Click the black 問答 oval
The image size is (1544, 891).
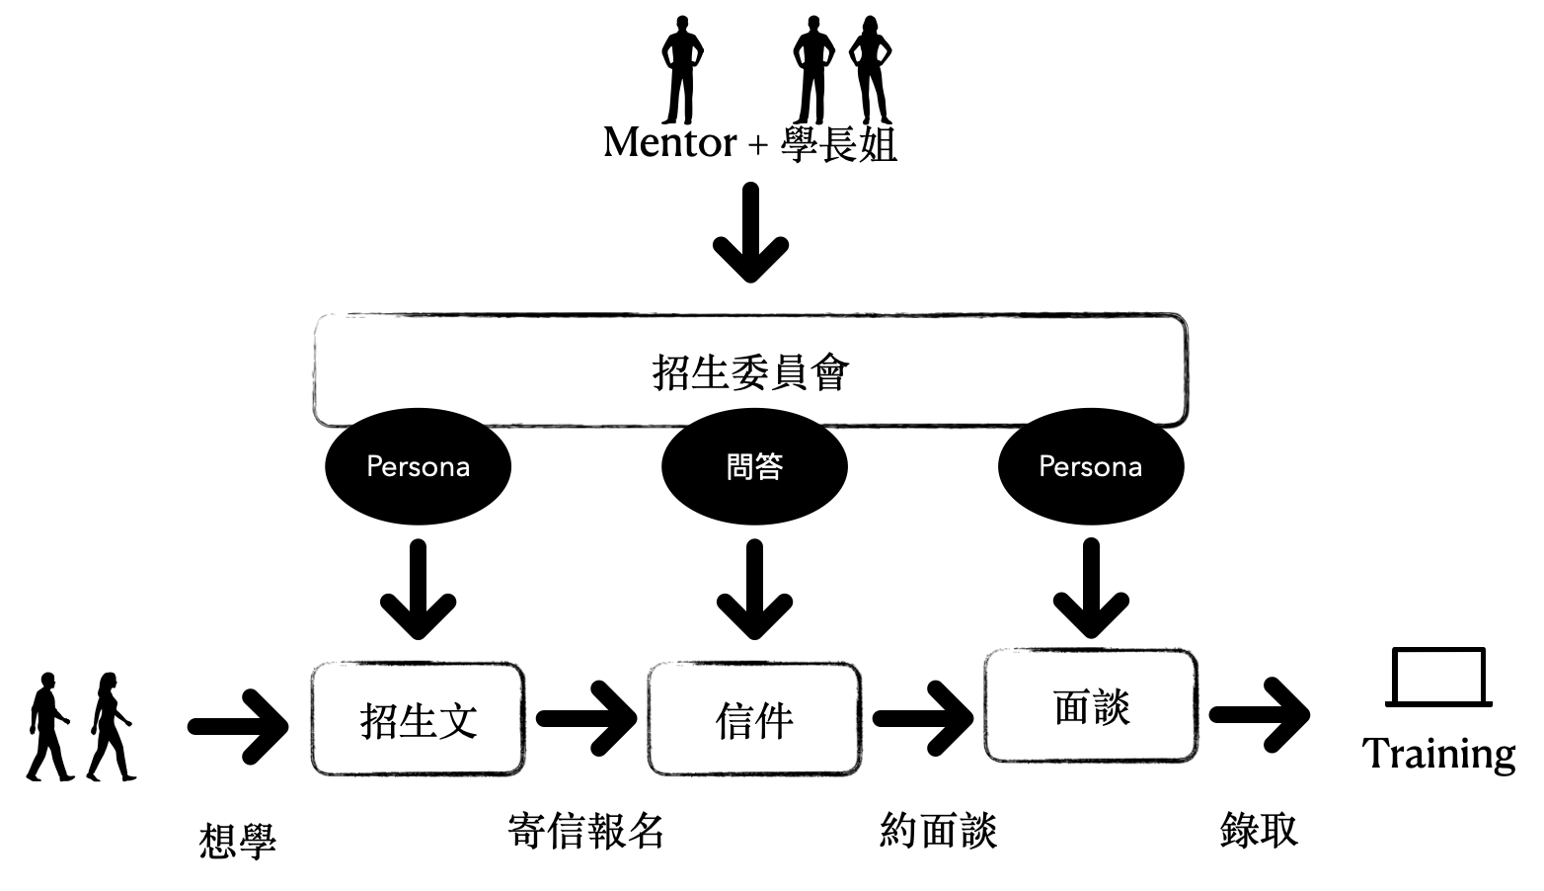point(754,466)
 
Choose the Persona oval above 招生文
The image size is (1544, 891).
point(418,466)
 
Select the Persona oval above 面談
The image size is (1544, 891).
point(1091,466)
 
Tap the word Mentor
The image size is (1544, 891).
point(670,143)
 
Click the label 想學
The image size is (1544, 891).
point(238,842)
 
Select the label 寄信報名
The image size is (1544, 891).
point(585,831)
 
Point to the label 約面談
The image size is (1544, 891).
point(938,831)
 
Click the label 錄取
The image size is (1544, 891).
point(1259,830)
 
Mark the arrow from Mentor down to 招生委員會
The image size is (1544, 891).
point(750,232)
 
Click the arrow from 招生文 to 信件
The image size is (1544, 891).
point(586,718)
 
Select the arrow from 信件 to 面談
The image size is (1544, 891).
point(923,718)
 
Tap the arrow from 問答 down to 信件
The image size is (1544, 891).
point(755,589)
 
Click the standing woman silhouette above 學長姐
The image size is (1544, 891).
point(871,70)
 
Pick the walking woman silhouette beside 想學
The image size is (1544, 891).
point(111,727)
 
